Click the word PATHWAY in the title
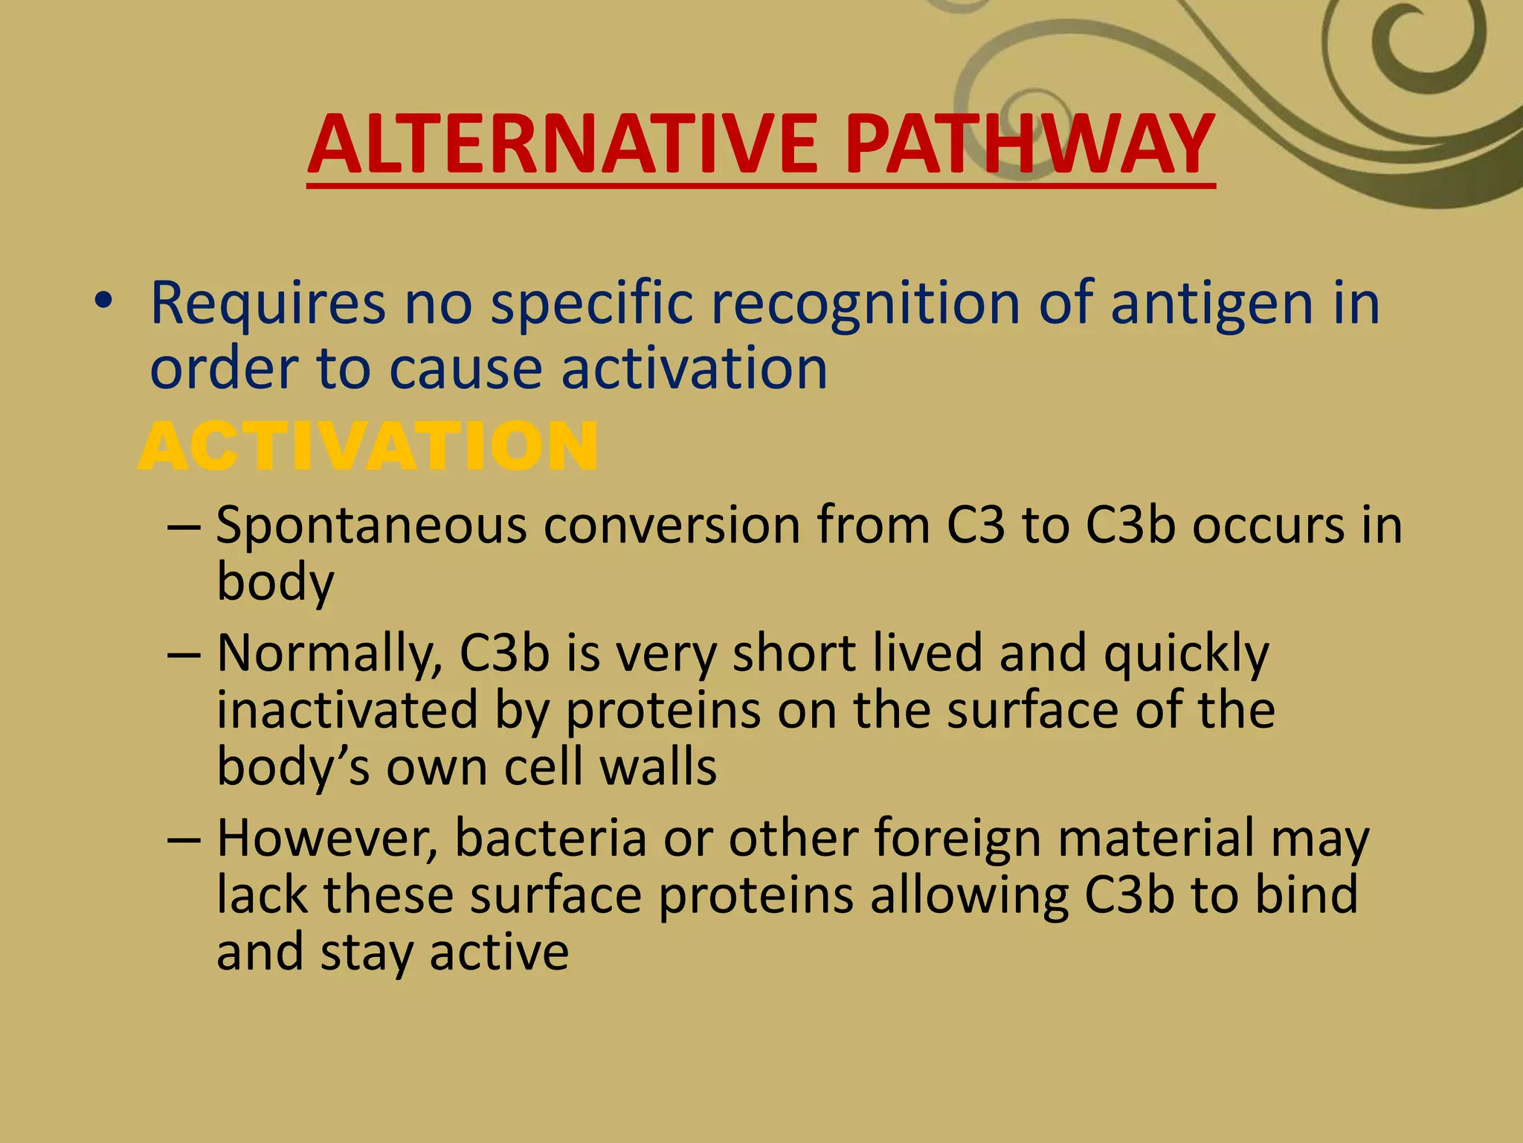1029,144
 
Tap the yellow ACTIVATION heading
368,446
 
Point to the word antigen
1212,305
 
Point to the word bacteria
550,839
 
